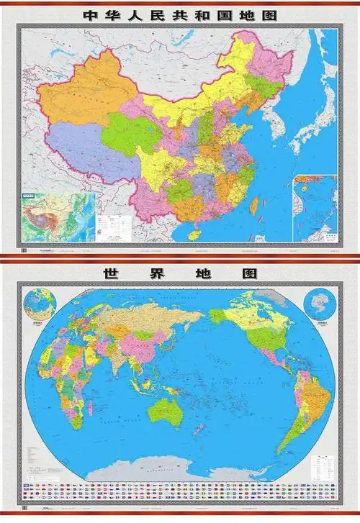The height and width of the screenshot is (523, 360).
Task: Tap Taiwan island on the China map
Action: click(253, 206)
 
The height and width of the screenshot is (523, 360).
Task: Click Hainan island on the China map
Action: click(192, 232)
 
